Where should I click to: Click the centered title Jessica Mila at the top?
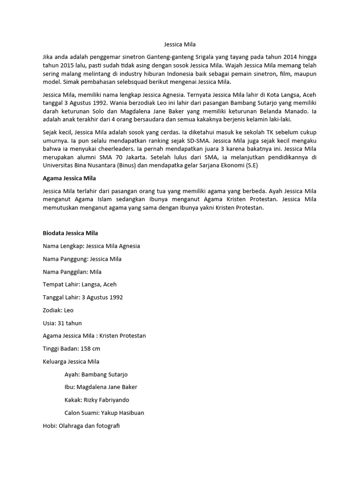click(180, 45)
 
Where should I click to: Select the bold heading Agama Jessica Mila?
click(69, 178)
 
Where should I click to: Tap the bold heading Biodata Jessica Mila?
click(70, 233)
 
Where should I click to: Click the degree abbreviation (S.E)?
click(249, 165)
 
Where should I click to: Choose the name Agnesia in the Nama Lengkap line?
click(127, 246)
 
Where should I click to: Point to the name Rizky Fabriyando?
click(106, 400)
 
